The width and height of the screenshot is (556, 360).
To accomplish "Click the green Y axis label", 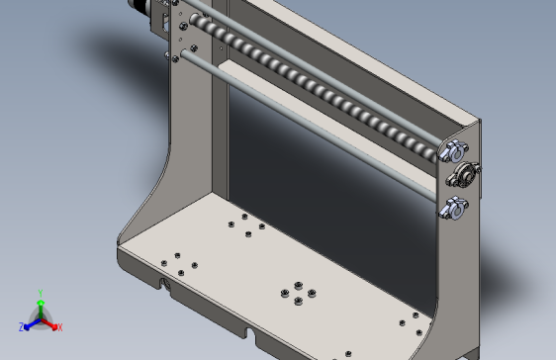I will pyautogui.click(x=40, y=293).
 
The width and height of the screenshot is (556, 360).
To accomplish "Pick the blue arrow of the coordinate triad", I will pyautogui.click(x=31, y=322).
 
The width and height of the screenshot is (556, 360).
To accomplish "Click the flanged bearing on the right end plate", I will pyautogui.click(x=463, y=177).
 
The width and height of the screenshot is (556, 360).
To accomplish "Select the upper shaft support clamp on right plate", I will pyautogui.click(x=454, y=151).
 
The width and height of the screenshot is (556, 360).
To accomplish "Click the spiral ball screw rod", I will pyautogui.click(x=317, y=89).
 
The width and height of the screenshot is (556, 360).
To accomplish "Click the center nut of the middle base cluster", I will pyautogui.click(x=297, y=294).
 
